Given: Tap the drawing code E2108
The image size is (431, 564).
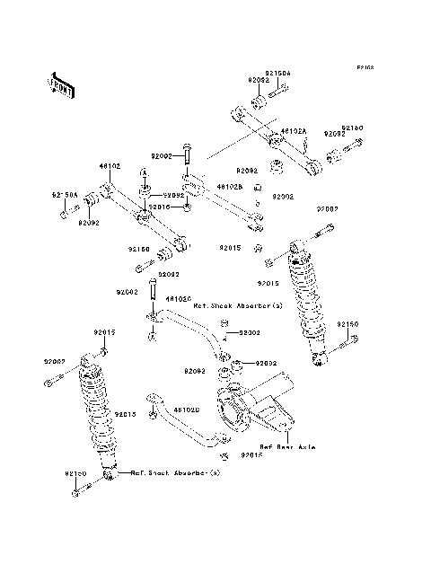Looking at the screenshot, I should (364, 67).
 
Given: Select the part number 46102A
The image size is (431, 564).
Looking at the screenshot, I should (294, 130).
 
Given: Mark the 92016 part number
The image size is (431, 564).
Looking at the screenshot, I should (158, 207).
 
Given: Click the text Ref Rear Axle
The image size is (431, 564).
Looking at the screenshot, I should (286, 445).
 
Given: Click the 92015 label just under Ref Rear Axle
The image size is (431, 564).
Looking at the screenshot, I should (252, 457).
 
